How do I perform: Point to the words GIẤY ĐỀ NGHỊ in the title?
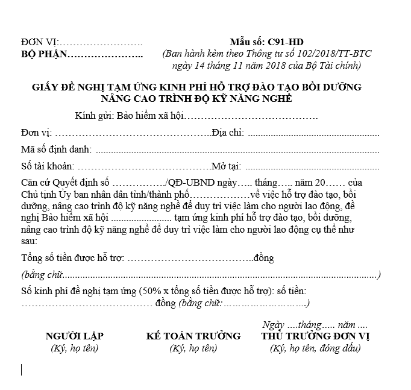pos(67,87)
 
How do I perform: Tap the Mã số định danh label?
pos(56,149)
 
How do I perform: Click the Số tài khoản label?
pos(48,166)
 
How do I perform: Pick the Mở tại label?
pos(225,166)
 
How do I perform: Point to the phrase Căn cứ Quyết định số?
pos(65,183)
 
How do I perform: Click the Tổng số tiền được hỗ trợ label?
pos(72,258)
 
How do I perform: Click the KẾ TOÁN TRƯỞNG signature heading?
pos(193,336)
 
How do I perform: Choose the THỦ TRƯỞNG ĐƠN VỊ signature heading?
pos(315,336)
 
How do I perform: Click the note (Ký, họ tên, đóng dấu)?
pos(315,348)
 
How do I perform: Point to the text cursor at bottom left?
pos(22,370)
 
